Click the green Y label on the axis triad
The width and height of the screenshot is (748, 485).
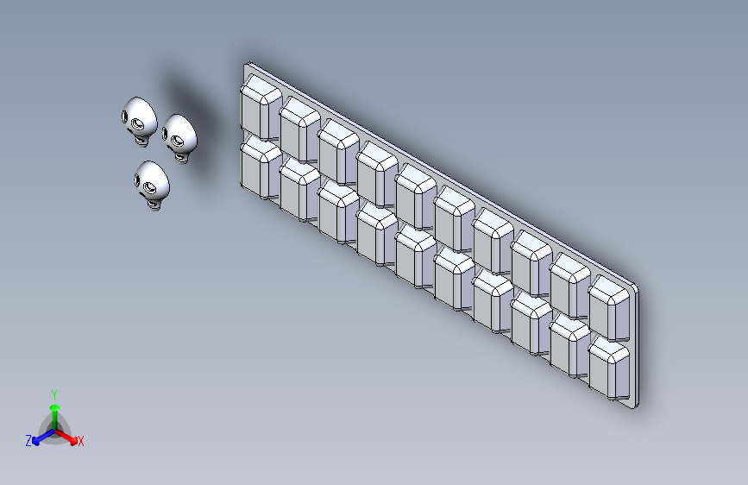pyautogui.click(x=54, y=394)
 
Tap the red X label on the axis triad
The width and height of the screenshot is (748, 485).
pyautogui.click(x=80, y=441)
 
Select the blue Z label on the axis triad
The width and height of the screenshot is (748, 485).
pyautogui.click(x=28, y=441)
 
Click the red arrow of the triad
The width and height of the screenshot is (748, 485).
pyautogui.click(x=66, y=437)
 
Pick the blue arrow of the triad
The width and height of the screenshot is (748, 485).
pyautogui.click(x=44, y=437)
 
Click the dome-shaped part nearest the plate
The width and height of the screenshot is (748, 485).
pyautogui.click(x=179, y=138)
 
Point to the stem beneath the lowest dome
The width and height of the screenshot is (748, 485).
pyautogui.click(x=153, y=205)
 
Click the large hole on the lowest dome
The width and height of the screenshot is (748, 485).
pyautogui.click(x=150, y=188)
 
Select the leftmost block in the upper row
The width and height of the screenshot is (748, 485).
pyautogui.click(x=261, y=107)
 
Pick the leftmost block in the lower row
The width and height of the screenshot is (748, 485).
pyautogui.click(x=261, y=167)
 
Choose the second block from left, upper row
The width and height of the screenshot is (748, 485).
pyautogui.click(x=299, y=129)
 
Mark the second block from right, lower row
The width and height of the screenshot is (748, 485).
pyautogui.click(x=570, y=345)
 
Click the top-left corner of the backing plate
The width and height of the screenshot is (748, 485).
pyautogui.click(x=245, y=64)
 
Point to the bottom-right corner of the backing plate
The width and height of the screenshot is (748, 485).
pyautogui.click(x=637, y=407)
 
